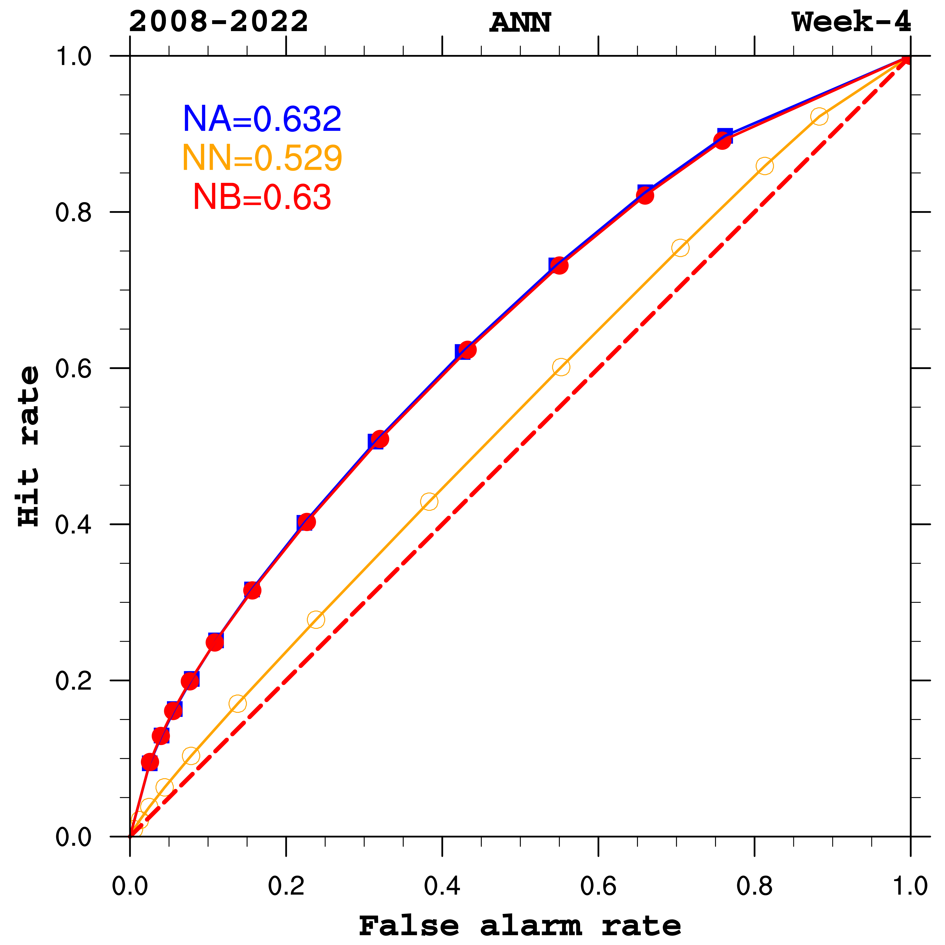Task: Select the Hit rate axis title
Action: point(28,446)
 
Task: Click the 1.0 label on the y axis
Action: point(73,57)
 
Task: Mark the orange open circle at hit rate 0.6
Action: point(561,367)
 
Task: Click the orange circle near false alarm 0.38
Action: point(429,501)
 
